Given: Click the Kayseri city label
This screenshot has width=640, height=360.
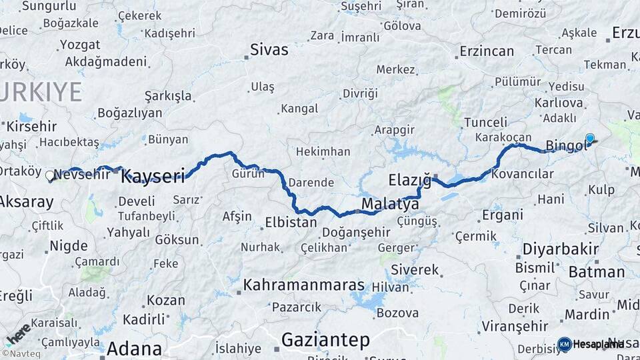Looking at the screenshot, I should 153,177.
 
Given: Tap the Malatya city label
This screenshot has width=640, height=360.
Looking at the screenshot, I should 390,203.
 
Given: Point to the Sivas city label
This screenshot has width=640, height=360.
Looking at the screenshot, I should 269,49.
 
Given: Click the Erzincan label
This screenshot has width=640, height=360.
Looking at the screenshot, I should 487,51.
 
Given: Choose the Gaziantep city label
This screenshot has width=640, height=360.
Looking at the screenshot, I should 325,340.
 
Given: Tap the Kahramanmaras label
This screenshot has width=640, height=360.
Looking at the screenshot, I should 304,285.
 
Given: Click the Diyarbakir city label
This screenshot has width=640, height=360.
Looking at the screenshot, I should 557,249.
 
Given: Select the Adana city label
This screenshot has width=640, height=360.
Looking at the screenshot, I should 134,349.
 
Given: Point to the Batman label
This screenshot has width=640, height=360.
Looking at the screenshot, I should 597,271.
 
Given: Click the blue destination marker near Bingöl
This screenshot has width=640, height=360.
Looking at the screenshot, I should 590,139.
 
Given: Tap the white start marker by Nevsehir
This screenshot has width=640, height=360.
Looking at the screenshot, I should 50,176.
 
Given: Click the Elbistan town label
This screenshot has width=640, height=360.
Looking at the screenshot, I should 291,223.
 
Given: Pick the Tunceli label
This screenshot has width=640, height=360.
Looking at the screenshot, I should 485,122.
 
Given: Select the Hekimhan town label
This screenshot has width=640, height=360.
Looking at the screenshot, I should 323,152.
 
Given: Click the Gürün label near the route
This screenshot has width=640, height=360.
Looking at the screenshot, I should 248,174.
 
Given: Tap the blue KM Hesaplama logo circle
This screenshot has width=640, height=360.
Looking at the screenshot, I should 565,344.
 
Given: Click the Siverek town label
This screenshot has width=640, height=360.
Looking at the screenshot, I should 415,270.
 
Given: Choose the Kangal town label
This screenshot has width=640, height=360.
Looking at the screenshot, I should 299,108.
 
